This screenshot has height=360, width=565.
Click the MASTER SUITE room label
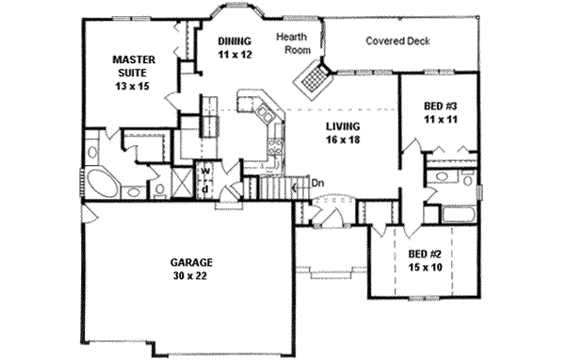click(134, 73)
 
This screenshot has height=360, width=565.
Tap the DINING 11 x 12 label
click(234, 48)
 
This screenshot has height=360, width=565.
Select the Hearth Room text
click(293, 43)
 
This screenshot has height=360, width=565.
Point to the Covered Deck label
click(397, 41)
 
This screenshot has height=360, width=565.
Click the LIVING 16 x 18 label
click(343, 133)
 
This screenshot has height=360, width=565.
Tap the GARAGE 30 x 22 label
click(191, 269)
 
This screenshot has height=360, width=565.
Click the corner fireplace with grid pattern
click(313, 80)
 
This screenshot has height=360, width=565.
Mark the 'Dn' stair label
click(317, 183)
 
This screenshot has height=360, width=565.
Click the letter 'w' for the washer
click(205, 170)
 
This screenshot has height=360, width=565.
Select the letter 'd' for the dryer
click(204, 188)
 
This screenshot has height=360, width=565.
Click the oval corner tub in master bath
click(103, 184)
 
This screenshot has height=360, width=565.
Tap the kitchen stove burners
click(275, 147)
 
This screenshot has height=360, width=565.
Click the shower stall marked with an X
click(182, 182)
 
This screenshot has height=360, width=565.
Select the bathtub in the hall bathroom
click(459, 215)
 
